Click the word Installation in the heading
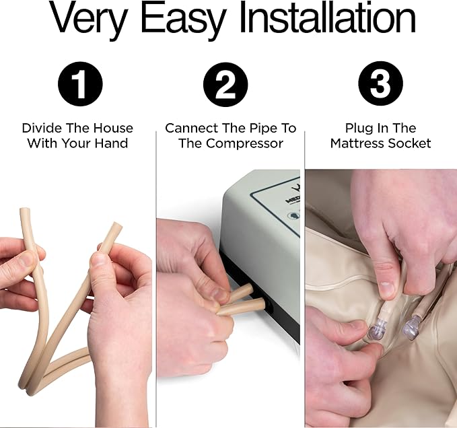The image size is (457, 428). click(x=328, y=19)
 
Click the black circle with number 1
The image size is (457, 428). click(x=80, y=84)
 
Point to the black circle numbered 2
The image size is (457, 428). click(x=225, y=85)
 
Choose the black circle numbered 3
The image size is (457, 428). click(x=381, y=84)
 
